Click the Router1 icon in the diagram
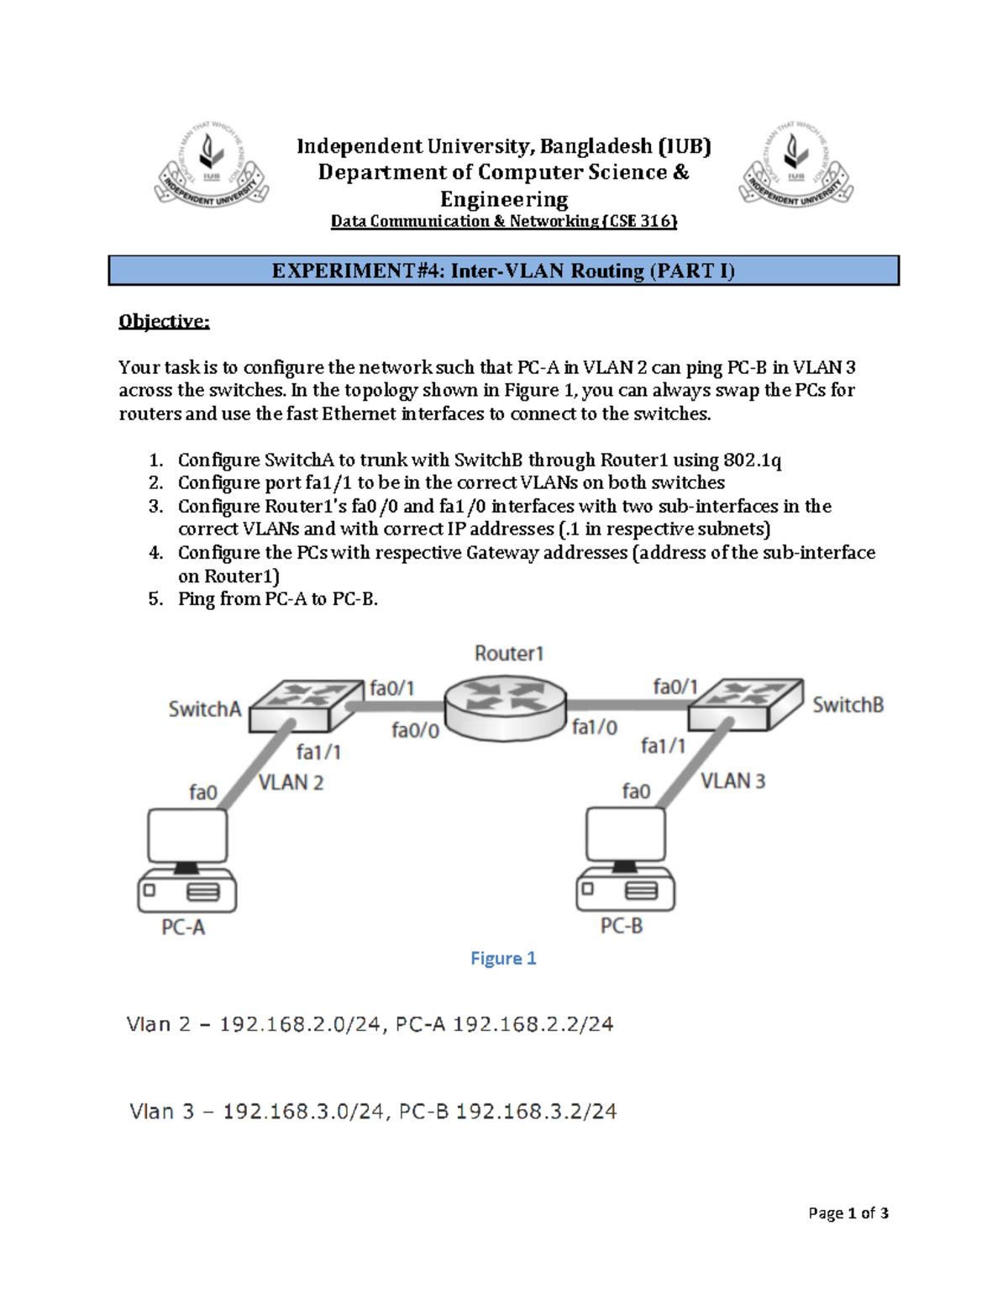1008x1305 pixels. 505,709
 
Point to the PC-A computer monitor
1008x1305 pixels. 187,835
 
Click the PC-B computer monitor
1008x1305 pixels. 626,834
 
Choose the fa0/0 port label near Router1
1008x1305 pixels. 415,731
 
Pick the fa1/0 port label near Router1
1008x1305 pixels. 595,728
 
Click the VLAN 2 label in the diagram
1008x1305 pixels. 291,782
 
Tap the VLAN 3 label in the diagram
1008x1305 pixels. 732,781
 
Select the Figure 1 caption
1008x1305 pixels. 503,958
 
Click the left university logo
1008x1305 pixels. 212,165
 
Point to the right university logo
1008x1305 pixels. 796,165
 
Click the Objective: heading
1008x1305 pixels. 164,321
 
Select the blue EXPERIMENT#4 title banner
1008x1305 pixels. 503,271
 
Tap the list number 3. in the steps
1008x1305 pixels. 155,506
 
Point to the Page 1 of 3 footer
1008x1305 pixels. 848,1213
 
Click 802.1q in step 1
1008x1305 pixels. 752,460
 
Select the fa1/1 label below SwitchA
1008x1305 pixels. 318,752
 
